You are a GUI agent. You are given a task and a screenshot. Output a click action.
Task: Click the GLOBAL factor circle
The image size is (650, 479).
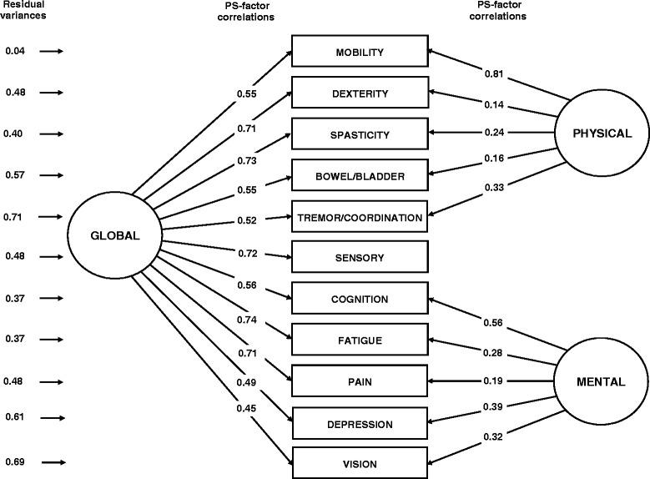pyautogui.click(x=114, y=235)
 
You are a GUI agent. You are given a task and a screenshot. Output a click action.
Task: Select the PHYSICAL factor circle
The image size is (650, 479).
pyautogui.click(x=599, y=134)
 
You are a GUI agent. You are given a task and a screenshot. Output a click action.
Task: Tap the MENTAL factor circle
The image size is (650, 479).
pyautogui.click(x=599, y=381)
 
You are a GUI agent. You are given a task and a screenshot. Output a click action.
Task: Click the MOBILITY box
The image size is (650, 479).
pyautogui.click(x=359, y=53)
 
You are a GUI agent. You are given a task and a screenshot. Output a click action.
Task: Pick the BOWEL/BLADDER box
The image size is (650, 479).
pyautogui.click(x=359, y=176)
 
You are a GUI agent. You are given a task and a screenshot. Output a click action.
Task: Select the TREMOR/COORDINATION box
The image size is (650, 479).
pyautogui.click(x=359, y=217)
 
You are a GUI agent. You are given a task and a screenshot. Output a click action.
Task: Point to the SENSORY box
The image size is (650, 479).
pyautogui.click(x=359, y=258)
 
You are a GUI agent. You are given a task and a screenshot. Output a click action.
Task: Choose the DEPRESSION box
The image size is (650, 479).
pyautogui.click(x=359, y=424)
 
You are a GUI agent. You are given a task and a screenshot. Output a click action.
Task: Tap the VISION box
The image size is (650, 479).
pyautogui.click(x=359, y=464)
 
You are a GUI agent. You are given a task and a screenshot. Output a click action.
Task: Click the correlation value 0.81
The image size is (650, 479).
pyautogui.click(x=494, y=74)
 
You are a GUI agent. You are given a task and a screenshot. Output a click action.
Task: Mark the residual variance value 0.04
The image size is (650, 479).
pyautogui.click(x=15, y=52)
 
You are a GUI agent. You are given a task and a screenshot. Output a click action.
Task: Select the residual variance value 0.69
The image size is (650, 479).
pyautogui.click(x=15, y=461)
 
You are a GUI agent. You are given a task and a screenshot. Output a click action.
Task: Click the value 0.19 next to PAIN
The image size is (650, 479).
pyautogui.click(x=494, y=381)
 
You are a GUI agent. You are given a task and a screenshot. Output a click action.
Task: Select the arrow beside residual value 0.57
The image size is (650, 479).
pyautogui.click(x=51, y=175)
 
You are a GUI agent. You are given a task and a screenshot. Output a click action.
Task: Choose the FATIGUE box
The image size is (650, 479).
pyautogui.click(x=359, y=340)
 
